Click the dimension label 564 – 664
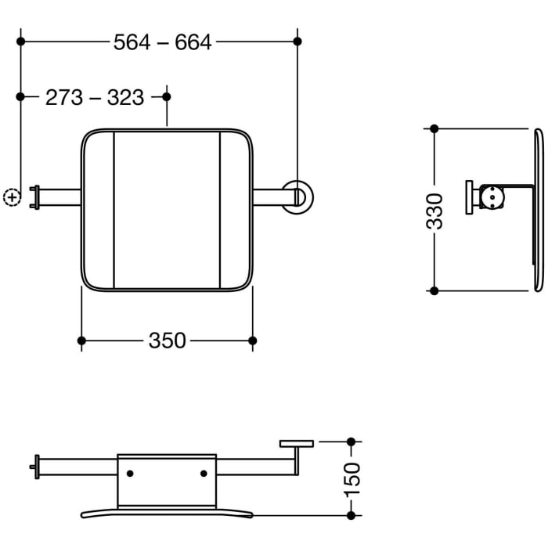pos(162,42)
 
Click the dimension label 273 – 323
pos(95,97)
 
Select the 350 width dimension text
pos(167,341)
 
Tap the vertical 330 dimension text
pos(438,210)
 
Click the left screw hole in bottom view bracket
pos(130,473)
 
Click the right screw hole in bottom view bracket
pos(204,473)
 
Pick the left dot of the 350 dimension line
pos(81,340)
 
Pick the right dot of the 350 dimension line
pos(252,340)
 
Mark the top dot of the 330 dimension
pos(435,129)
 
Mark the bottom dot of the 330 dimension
pos(435,290)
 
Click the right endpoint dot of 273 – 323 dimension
pos(167,96)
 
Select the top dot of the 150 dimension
pos(351,442)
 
